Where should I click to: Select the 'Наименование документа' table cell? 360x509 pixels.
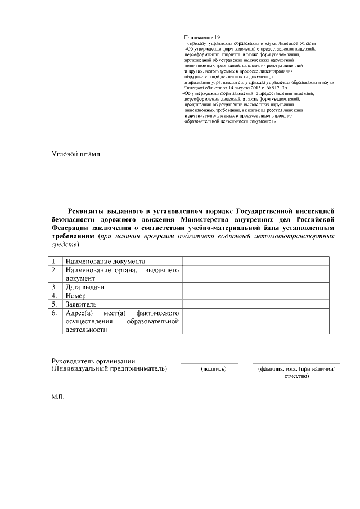(106, 262)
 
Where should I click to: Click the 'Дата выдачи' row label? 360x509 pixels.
(85, 287)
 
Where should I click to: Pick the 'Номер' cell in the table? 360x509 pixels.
(76, 295)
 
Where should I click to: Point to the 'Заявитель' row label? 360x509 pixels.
(81, 304)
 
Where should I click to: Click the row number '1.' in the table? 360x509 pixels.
(55, 262)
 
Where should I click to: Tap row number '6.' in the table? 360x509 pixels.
(55, 313)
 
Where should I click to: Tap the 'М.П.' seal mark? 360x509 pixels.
(57, 397)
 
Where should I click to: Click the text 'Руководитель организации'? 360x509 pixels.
(93, 361)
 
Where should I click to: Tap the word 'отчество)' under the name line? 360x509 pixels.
(296, 376)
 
